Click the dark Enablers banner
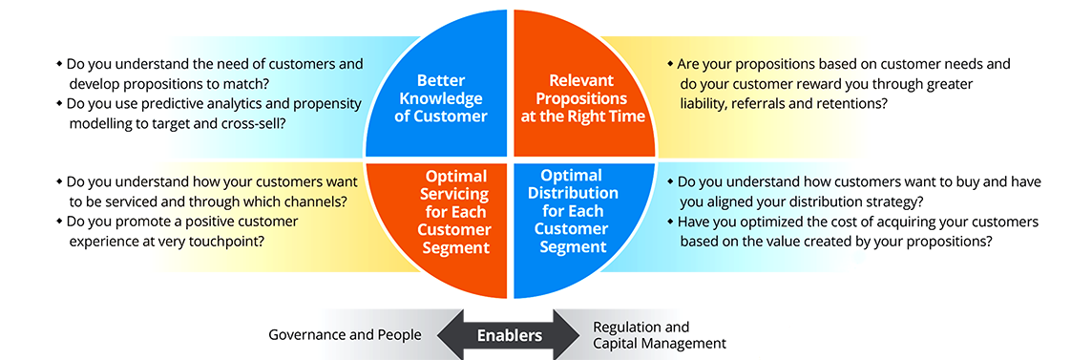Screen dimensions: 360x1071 tap(510, 335)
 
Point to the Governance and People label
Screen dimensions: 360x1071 tap(345, 335)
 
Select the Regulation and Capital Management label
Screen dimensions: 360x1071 tap(659, 335)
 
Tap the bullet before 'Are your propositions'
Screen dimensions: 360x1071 tap(670, 64)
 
